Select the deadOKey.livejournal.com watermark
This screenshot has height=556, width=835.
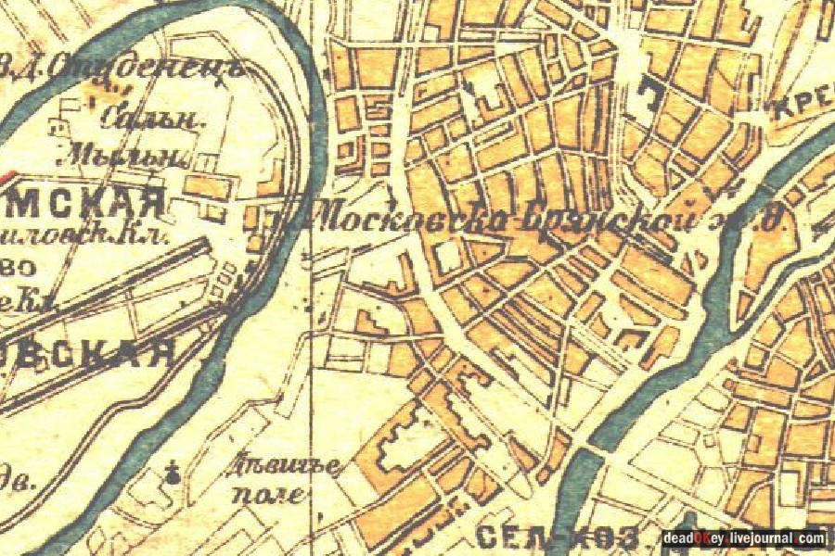(742, 538)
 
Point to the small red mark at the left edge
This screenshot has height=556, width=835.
(7, 173)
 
